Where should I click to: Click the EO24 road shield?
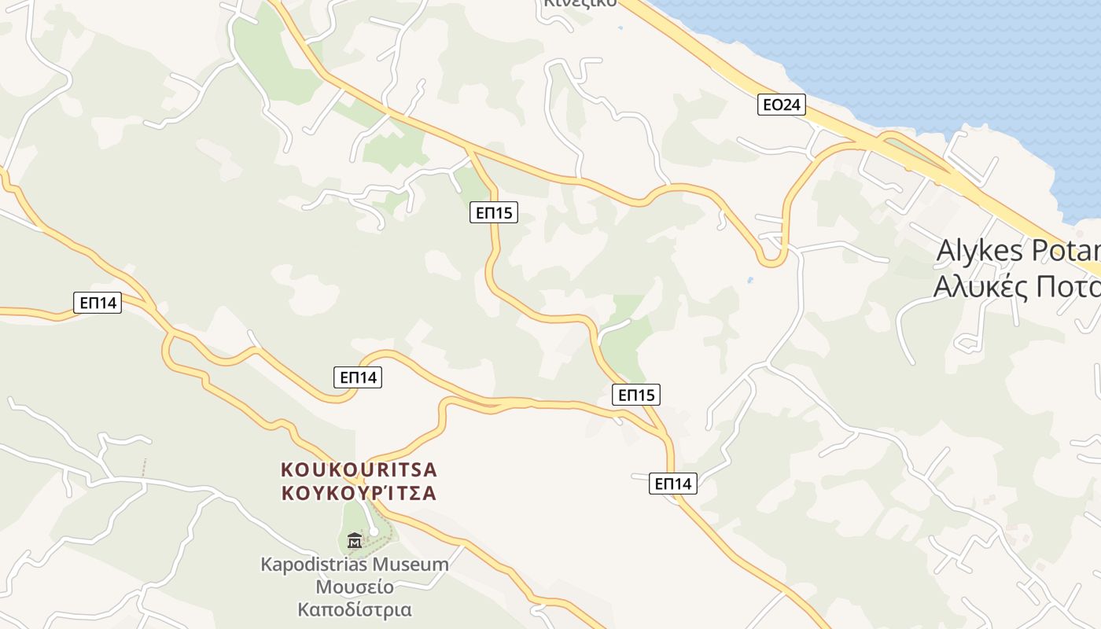pos(782,105)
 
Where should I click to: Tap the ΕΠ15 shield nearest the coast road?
pos(494,212)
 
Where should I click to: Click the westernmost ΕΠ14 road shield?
pos(98,303)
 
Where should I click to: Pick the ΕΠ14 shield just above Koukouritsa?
pos(358,377)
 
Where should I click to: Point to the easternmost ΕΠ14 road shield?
pos(673,484)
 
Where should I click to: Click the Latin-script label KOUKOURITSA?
pos(359,470)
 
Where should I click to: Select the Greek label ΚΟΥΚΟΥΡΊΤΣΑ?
pos(359,494)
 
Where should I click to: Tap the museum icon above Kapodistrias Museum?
pos(355,540)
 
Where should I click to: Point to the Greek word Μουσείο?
pos(355,587)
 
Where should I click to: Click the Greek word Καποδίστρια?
pos(355,609)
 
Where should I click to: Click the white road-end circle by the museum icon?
pos(374,532)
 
